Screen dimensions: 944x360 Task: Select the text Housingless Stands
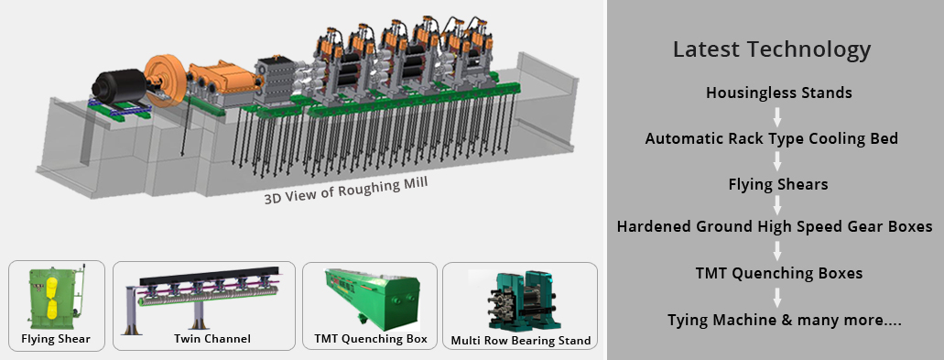point(779,93)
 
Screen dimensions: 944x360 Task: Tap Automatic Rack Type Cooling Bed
point(772,139)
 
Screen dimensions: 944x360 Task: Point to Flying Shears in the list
point(778,184)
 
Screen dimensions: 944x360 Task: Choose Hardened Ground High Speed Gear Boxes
point(775,227)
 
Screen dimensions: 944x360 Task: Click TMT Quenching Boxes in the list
point(779,273)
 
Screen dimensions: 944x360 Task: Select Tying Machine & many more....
point(784,320)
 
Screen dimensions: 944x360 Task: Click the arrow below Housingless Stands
point(777,115)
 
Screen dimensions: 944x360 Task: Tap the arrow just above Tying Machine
point(777,297)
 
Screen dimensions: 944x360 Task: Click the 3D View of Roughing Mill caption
point(346,190)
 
